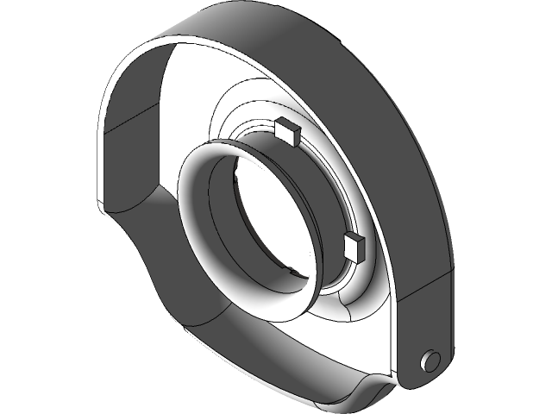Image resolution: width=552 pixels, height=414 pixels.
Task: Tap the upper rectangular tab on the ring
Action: [286, 131]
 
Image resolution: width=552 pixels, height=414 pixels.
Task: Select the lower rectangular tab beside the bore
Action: [355, 247]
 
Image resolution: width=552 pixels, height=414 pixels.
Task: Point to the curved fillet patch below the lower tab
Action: [349, 298]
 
